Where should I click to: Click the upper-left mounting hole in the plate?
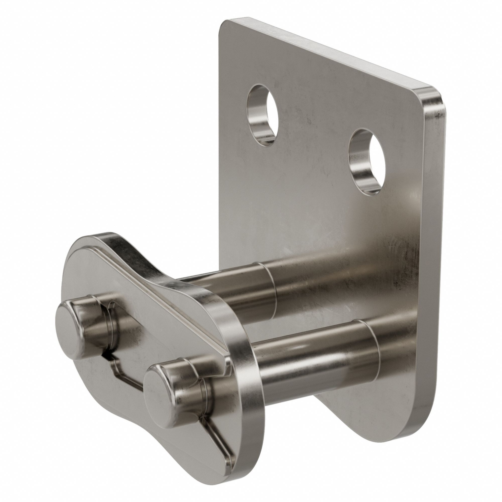[x=263, y=113]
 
